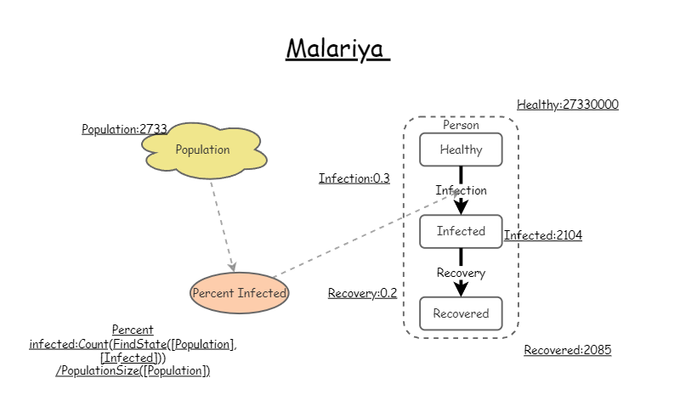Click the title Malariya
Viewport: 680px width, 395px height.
click(337, 48)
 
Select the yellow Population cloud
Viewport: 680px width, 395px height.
click(202, 150)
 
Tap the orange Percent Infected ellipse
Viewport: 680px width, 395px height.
click(239, 293)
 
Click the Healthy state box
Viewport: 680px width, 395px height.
click(461, 150)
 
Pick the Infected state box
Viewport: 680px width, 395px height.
click(461, 231)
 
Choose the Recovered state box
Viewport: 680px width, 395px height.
click(461, 313)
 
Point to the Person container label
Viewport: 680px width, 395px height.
click(461, 125)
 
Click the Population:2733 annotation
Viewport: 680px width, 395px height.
click(124, 129)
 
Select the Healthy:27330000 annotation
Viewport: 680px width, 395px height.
click(567, 105)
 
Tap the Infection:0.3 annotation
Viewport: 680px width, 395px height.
click(354, 178)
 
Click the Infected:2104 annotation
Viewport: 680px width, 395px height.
click(543, 235)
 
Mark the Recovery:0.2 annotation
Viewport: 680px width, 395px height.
click(362, 293)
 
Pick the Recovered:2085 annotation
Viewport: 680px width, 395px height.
click(567, 350)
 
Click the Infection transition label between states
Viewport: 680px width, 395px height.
click(462, 190)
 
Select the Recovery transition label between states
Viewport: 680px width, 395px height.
click(461, 273)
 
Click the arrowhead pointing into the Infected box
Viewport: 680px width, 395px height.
click(461, 207)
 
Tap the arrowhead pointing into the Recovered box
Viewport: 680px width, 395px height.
click(461, 290)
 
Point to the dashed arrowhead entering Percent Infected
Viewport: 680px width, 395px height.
click(232, 267)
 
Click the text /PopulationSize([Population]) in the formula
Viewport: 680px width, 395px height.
click(133, 370)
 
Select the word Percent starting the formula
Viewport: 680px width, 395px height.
click(133, 330)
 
